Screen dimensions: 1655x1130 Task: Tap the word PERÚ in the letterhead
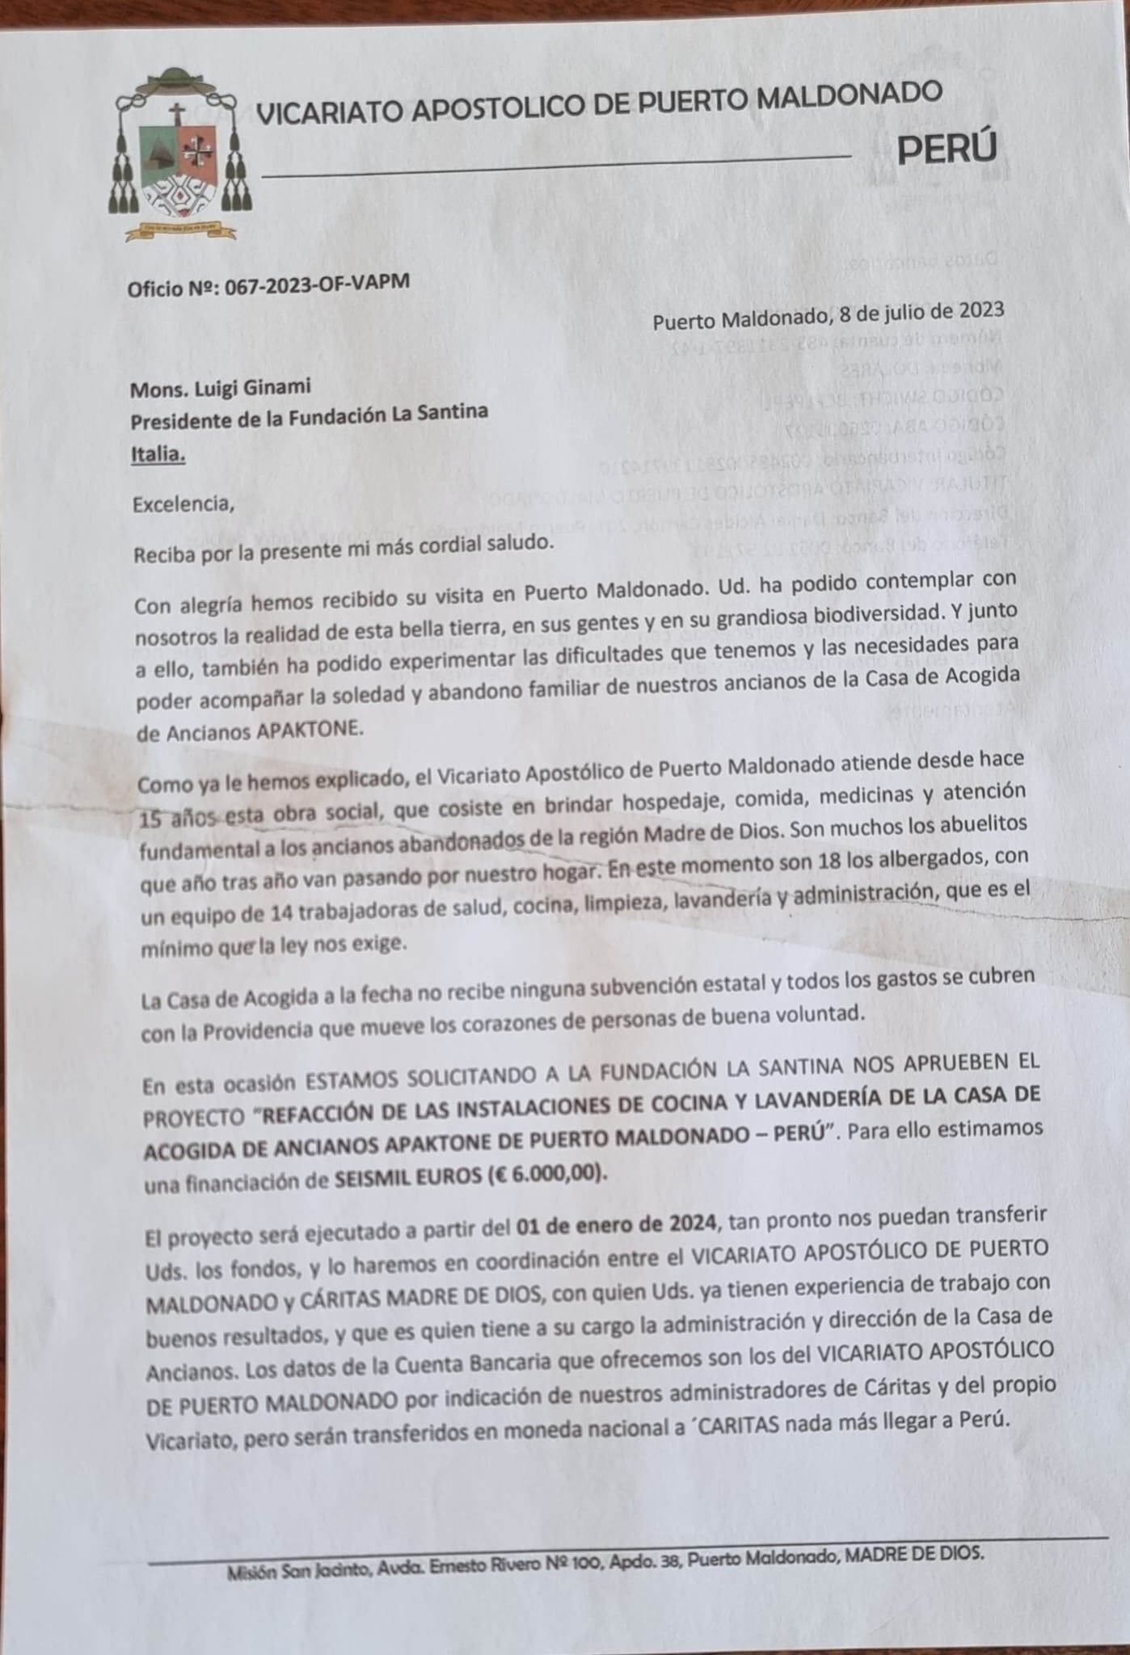(x=947, y=148)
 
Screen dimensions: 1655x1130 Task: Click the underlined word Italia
(x=158, y=455)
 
